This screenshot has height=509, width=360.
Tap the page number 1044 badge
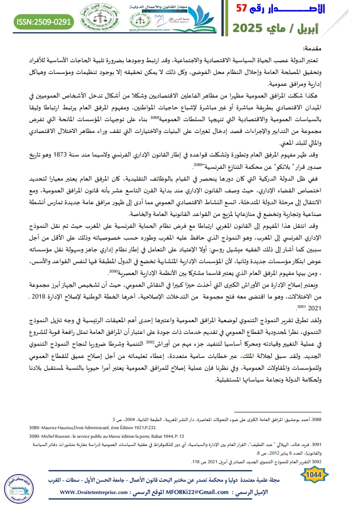[314, 475]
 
